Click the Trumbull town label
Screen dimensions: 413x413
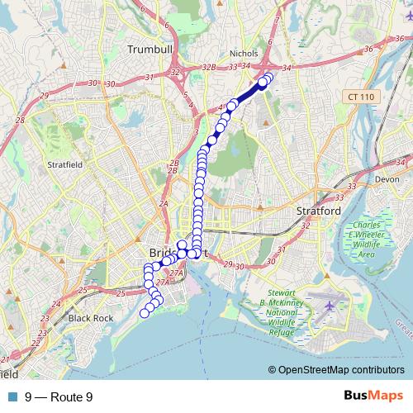click(x=150, y=50)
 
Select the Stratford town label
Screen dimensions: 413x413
click(x=319, y=211)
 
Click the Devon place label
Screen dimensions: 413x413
click(x=387, y=178)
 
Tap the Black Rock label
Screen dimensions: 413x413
click(x=90, y=317)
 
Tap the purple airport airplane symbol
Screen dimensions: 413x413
click(x=332, y=305)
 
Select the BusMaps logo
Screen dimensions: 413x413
click(x=374, y=396)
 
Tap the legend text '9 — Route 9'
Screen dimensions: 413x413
click(x=59, y=396)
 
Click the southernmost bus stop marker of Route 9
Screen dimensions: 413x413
click(x=145, y=312)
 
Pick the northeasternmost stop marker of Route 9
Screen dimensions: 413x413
click(x=268, y=77)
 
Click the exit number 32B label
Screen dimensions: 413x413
click(x=209, y=67)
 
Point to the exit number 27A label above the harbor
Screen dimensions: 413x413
click(x=176, y=272)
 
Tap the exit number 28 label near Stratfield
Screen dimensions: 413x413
click(x=20, y=121)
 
